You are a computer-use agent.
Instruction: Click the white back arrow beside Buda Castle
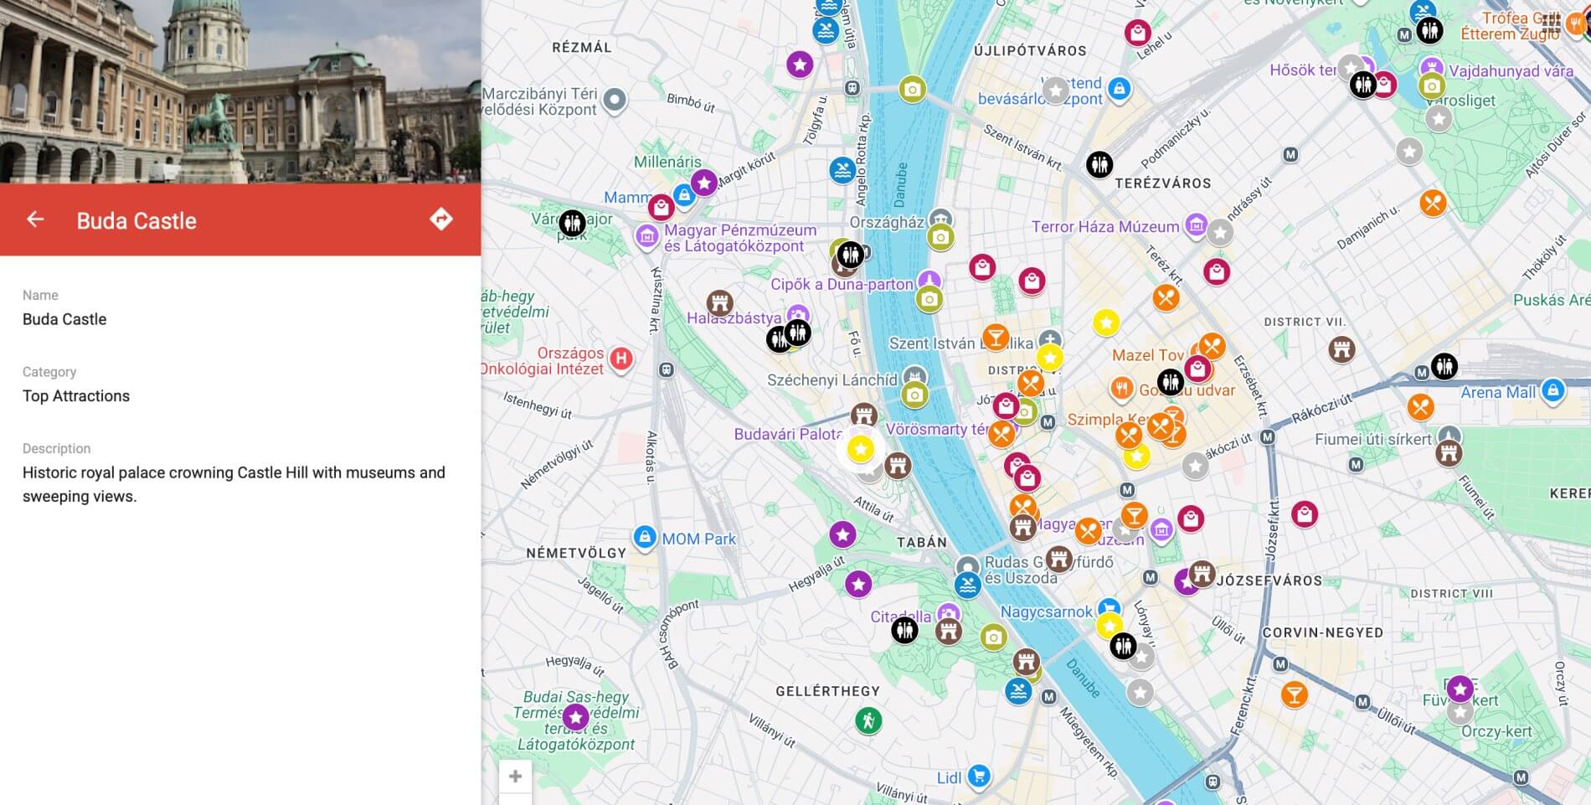(35, 219)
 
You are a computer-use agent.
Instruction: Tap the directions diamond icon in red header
(441, 219)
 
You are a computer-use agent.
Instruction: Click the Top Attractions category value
(76, 396)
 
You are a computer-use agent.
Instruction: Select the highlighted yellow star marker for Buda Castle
(860, 449)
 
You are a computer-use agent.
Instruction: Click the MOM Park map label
(698, 539)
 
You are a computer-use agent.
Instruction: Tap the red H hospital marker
(620, 359)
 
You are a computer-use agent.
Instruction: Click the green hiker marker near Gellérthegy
(868, 720)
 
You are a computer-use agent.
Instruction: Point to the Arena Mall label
(1498, 392)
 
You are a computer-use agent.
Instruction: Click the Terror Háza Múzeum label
(1104, 227)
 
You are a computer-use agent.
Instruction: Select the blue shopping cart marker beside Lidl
(978, 776)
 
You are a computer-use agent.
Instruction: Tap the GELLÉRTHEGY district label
(827, 691)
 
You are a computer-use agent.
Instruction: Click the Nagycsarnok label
(1046, 612)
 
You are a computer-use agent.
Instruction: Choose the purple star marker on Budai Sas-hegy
(575, 717)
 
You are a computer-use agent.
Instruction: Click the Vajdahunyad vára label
(1511, 71)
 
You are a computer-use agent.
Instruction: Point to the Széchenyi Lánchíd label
(832, 380)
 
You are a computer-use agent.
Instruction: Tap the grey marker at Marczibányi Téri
(615, 100)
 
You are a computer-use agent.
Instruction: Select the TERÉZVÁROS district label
(1162, 183)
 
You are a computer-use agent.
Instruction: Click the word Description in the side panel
(56, 448)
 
